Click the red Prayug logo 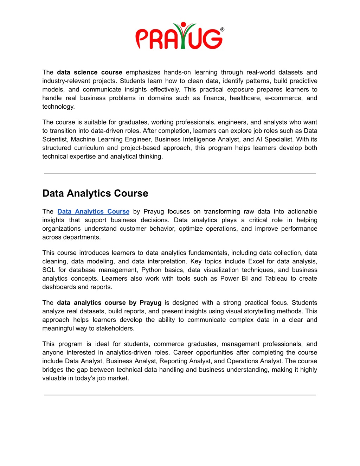(x=179, y=36)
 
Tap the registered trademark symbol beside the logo (x=222, y=30)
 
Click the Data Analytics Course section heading (x=95, y=193)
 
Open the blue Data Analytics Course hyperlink (x=93, y=211)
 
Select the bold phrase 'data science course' (x=89, y=72)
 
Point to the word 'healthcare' (x=245, y=98)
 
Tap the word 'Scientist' (x=55, y=139)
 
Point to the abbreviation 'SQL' (x=49, y=270)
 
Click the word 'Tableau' (x=276, y=279)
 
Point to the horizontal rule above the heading (x=180, y=173)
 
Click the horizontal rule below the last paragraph (x=180, y=395)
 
